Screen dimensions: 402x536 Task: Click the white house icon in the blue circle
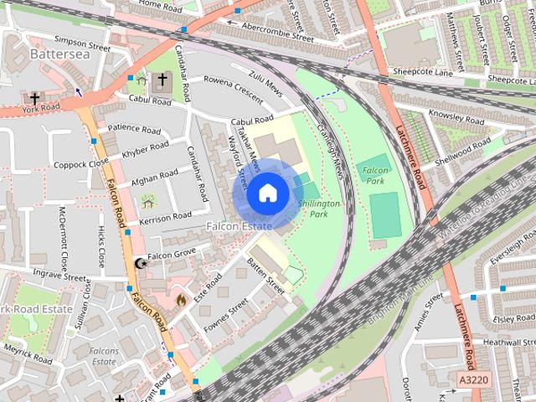click(x=266, y=193)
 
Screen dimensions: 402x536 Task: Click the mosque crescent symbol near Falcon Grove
click(x=139, y=263)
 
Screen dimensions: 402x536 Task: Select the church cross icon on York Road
click(x=36, y=96)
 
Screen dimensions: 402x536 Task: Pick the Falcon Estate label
click(x=240, y=226)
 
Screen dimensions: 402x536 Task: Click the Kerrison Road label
click(x=167, y=218)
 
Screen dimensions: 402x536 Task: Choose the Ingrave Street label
click(x=59, y=275)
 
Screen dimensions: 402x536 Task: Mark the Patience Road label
click(x=134, y=130)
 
